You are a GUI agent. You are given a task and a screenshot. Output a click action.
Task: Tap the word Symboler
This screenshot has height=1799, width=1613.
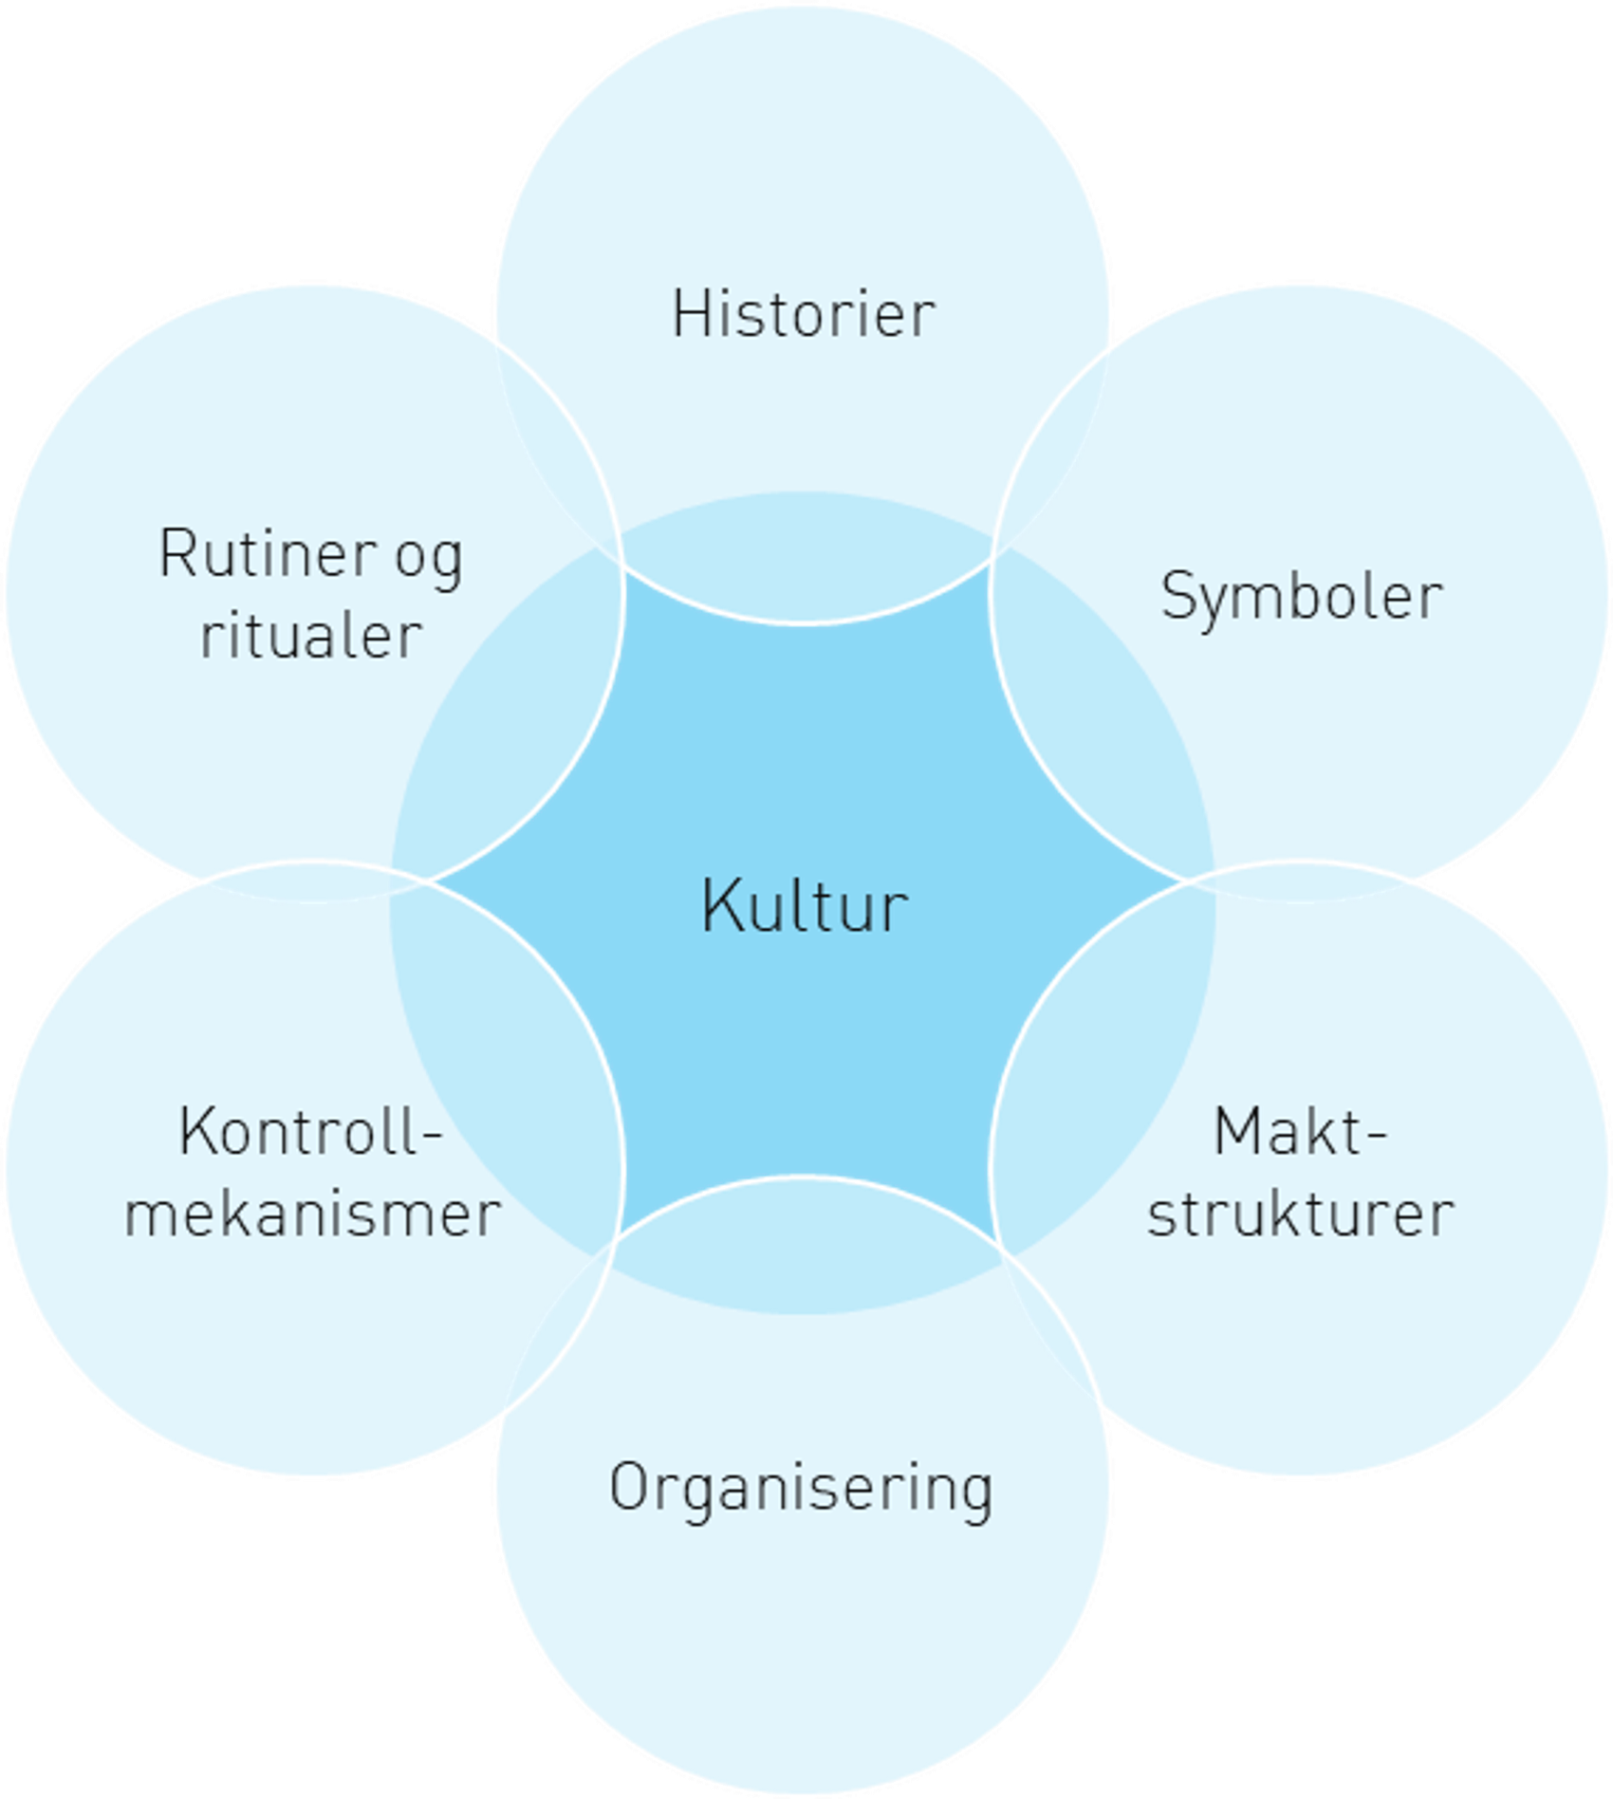click(x=1302, y=598)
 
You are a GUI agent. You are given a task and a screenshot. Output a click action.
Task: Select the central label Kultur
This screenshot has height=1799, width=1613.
click(x=805, y=907)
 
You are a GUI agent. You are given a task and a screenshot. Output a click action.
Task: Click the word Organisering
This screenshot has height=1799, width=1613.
click(x=802, y=1488)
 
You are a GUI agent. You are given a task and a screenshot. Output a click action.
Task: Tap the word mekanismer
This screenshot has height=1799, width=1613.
click(x=312, y=1214)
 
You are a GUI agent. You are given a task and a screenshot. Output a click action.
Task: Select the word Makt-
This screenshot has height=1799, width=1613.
click(x=1300, y=1132)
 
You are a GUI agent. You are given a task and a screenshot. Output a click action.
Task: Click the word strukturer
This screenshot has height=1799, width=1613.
click(x=1301, y=1214)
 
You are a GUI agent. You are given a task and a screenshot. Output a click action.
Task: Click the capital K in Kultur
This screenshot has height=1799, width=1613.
click(x=719, y=907)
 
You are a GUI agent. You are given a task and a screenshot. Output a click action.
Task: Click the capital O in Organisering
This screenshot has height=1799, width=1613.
click(x=627, y=1488)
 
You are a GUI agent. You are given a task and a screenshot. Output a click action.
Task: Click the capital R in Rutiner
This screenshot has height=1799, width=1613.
click(x=177, y=553)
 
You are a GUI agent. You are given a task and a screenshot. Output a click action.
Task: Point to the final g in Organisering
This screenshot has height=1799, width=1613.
click(x=976, y=1493)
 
